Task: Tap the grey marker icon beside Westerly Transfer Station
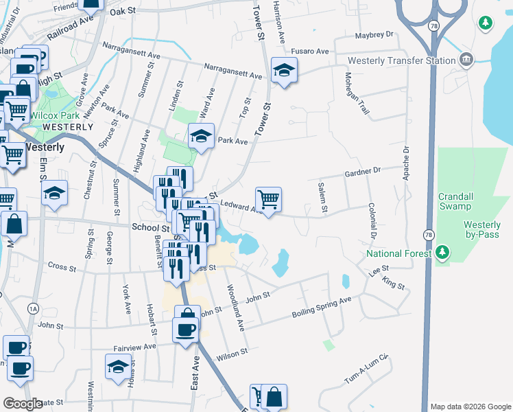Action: [x=468, y=59]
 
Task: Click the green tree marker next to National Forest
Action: [x=443, y=253]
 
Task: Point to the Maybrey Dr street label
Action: [x=375, y=34]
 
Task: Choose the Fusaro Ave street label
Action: [x=311, y=51]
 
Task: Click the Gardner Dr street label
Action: [x=361, y=170]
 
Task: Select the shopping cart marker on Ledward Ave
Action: [x=269, y=199]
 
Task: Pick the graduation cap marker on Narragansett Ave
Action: [x=283, y=70]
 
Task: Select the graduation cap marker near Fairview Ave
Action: [x=119, y=367]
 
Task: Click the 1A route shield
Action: [x=33, y=309]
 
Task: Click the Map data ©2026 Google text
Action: [x=470, y=407]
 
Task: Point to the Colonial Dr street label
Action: [x=372, y=220]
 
